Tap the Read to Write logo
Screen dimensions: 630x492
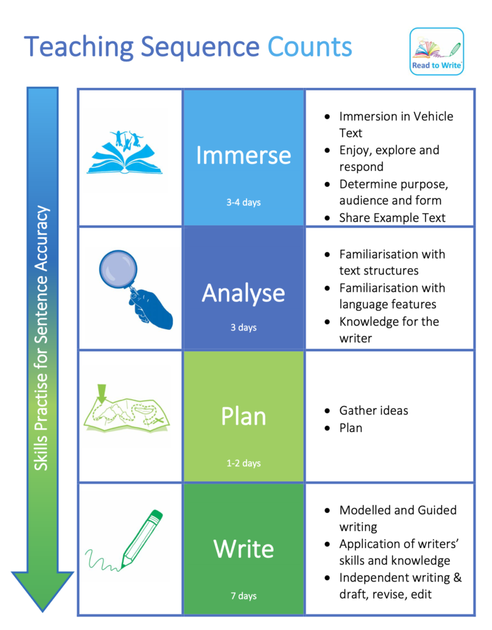437,52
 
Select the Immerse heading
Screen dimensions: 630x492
243,156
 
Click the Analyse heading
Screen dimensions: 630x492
243,293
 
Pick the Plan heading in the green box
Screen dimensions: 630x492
243,417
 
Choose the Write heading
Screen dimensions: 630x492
244,549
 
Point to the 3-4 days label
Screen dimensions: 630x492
243,202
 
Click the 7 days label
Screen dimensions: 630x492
244,596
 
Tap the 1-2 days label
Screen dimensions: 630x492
243,463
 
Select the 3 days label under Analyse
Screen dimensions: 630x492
243,327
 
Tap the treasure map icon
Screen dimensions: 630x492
127,412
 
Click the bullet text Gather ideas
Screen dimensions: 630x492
373,410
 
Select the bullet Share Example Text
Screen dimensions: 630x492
392,217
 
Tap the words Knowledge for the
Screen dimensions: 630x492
389,321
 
